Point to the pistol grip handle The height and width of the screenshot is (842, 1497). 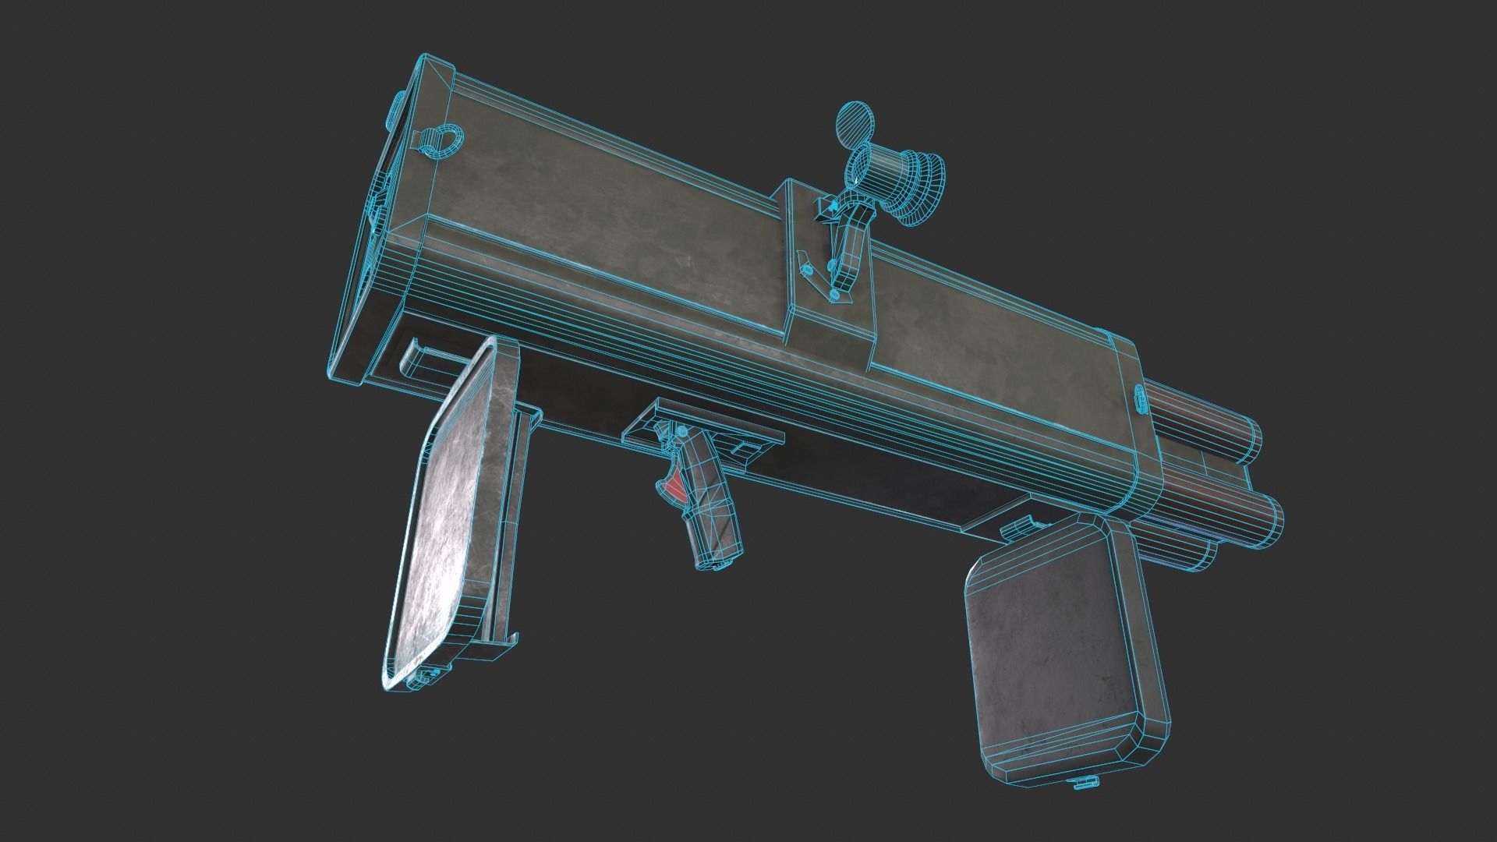(710, 515)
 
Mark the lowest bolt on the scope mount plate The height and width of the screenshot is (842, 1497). (835, 295)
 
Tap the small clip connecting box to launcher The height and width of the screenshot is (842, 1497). (1017, 528)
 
